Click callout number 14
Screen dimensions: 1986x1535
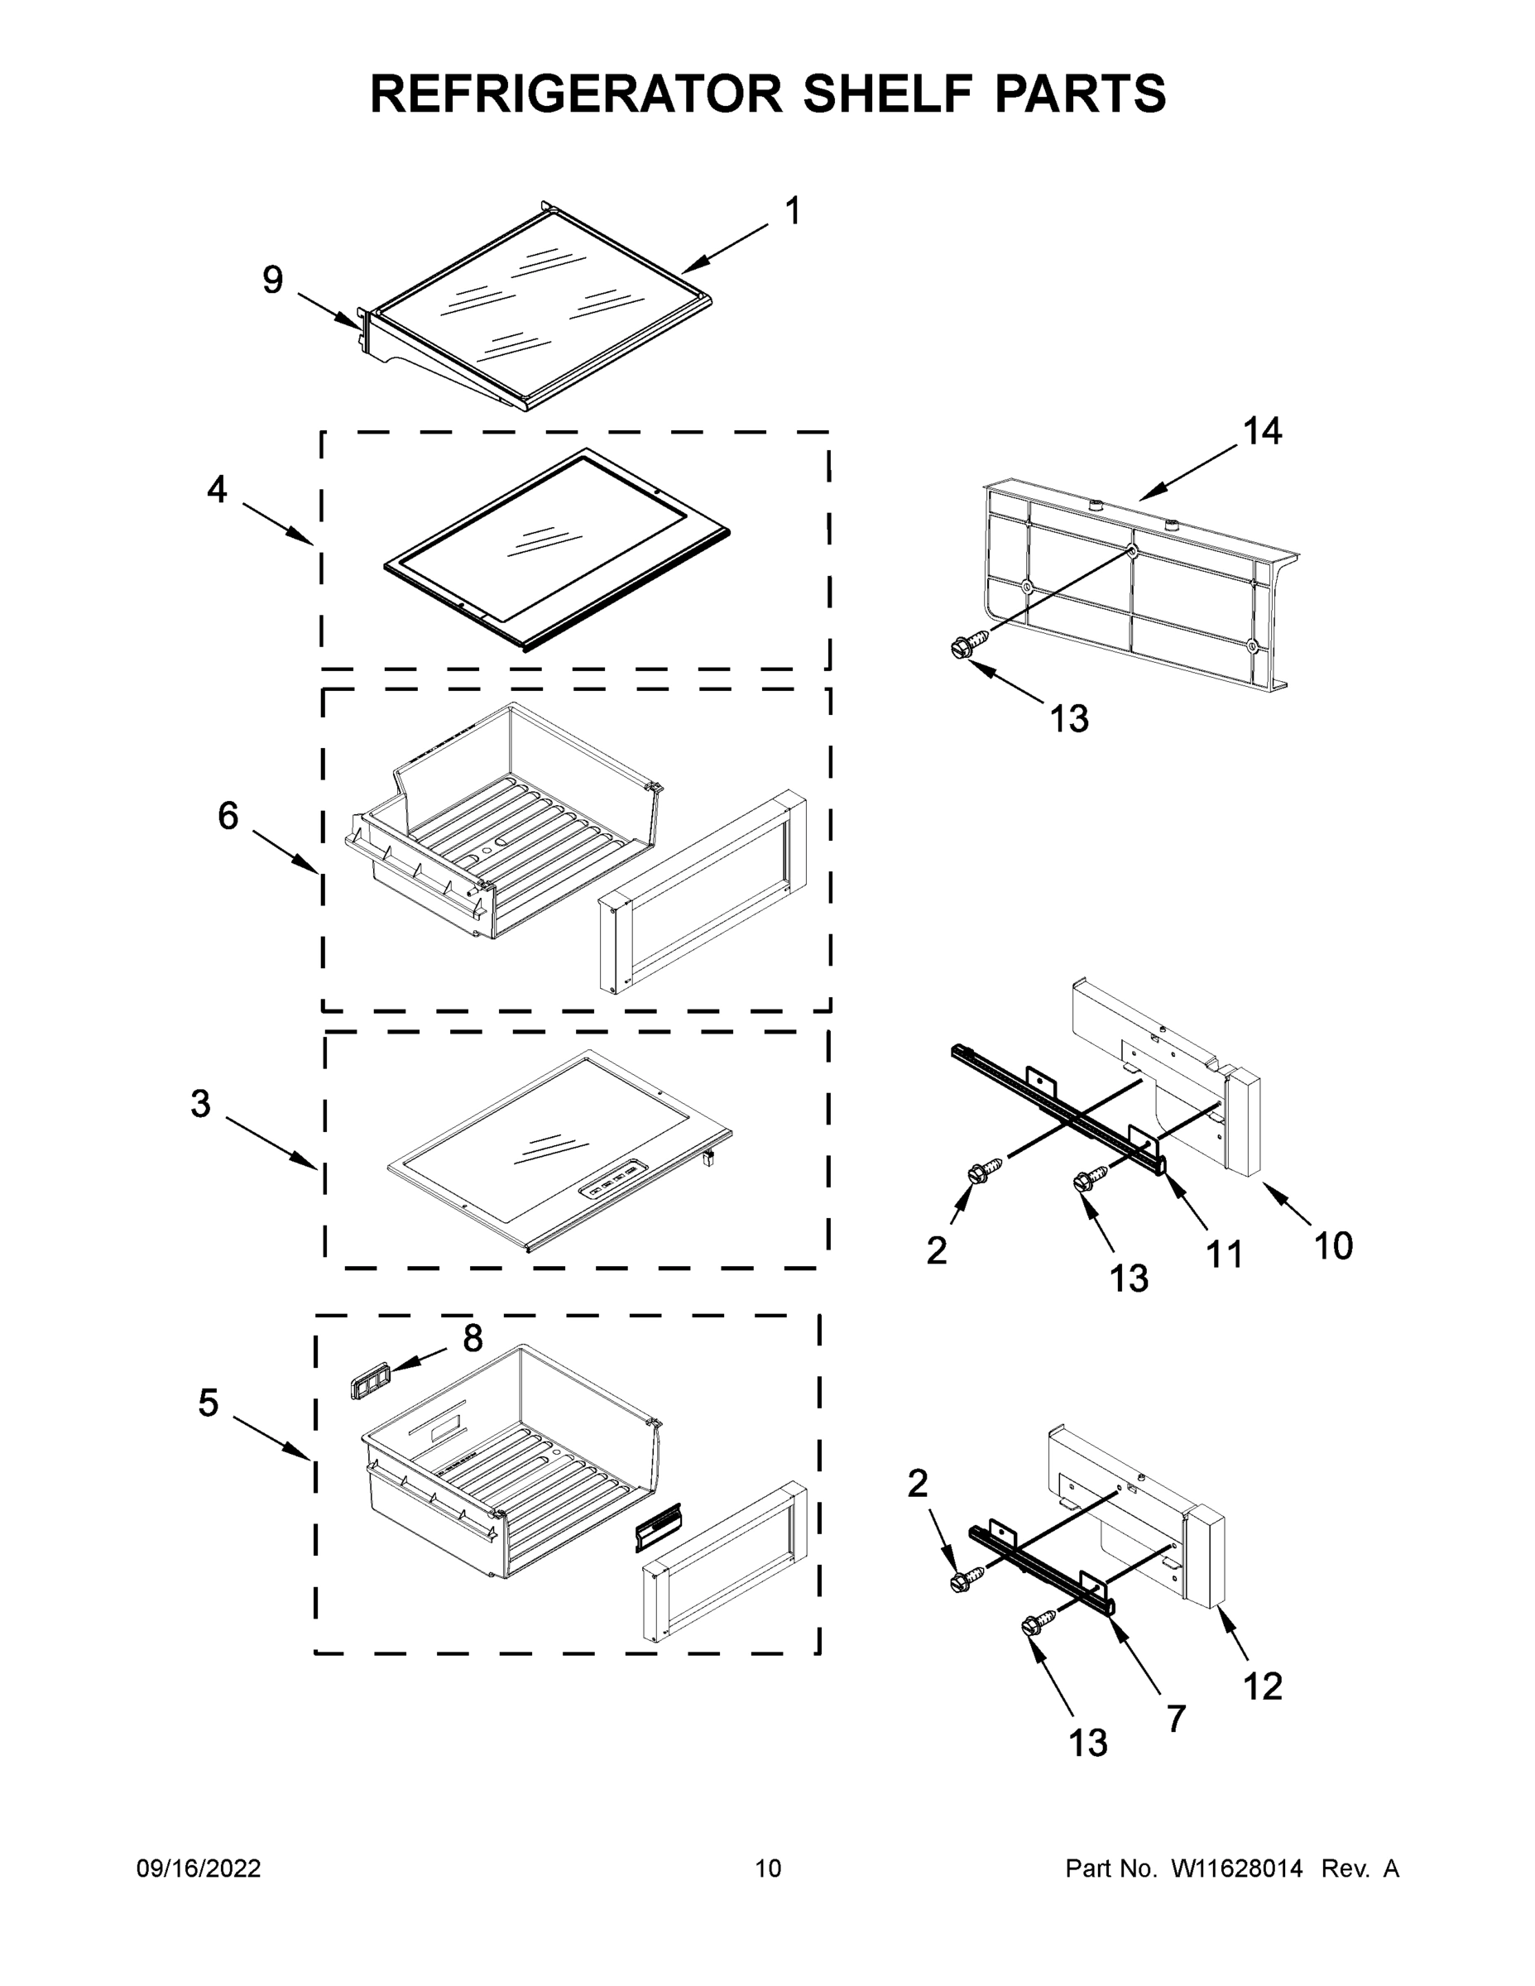pyautogui.click(x=1262, y=431)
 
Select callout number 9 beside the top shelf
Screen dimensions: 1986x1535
pyautogui.click(x=273, y=280)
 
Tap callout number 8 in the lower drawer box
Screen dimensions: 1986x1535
pyautogui.click(x=472, y=1337)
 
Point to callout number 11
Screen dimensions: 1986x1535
pyautogui.click(x=1223, y=1254)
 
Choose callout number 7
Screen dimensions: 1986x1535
pyautogui.click(x=1176, y=1719)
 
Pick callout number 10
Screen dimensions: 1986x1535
pyautogui.click(x=1333, y=1245)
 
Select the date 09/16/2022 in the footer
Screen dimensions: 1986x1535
pyautogui.click(x=199, y=1868)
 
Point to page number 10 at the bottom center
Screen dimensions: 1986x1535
pyautogui.click(x=768, y=1868)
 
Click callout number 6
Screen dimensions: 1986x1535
pyautogui.click(x=228, y=816)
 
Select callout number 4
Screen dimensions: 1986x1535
pyautogui.click(x=217, y=489)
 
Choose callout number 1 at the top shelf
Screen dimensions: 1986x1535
pyautogui.click(x=792, y=211)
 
